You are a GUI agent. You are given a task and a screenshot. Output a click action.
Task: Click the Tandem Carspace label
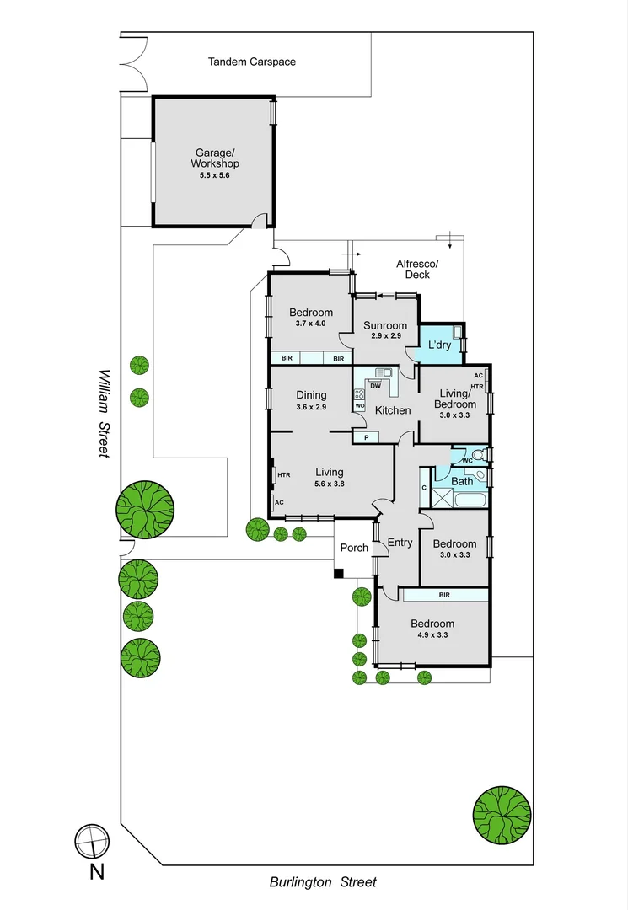point(252,62)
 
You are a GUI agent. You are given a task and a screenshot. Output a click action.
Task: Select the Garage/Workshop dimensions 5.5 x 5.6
point(214,176)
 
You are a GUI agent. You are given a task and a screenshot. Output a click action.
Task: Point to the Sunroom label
point(385,325)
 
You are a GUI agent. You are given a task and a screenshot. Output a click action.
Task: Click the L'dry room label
point(440,345)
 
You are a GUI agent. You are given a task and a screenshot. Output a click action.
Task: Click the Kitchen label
point(393,410)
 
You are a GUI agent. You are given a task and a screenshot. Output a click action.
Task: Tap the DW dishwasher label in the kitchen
point(375,386)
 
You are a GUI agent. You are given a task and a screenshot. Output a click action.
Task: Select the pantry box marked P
point(366,437)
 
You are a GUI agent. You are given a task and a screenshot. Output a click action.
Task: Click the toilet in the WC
point(478,456)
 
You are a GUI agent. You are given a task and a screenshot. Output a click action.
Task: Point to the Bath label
point(462,481)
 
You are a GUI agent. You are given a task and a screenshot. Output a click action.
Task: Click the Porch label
point(354,548)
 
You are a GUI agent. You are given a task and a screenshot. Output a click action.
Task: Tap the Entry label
point(400,543)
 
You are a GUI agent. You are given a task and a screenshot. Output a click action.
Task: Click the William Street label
point(104,413)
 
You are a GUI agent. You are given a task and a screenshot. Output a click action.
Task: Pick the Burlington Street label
point(323,882)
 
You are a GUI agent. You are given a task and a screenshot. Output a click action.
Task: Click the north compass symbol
point(91,840)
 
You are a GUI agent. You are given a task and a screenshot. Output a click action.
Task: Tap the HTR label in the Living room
point(284,475)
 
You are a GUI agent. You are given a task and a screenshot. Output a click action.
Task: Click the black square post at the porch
point(339,574)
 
